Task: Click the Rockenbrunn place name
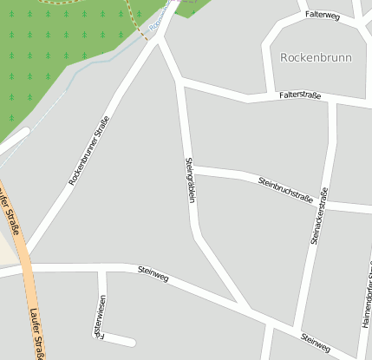[315, 57]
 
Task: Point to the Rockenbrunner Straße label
[88, 150]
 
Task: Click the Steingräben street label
[190, 180]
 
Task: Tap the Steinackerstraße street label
[318, 216]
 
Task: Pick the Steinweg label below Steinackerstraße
[316, 342]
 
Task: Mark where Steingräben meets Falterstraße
[180, 83]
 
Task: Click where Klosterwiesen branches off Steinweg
[101, 268]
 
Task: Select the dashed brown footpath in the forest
[137, 23]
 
